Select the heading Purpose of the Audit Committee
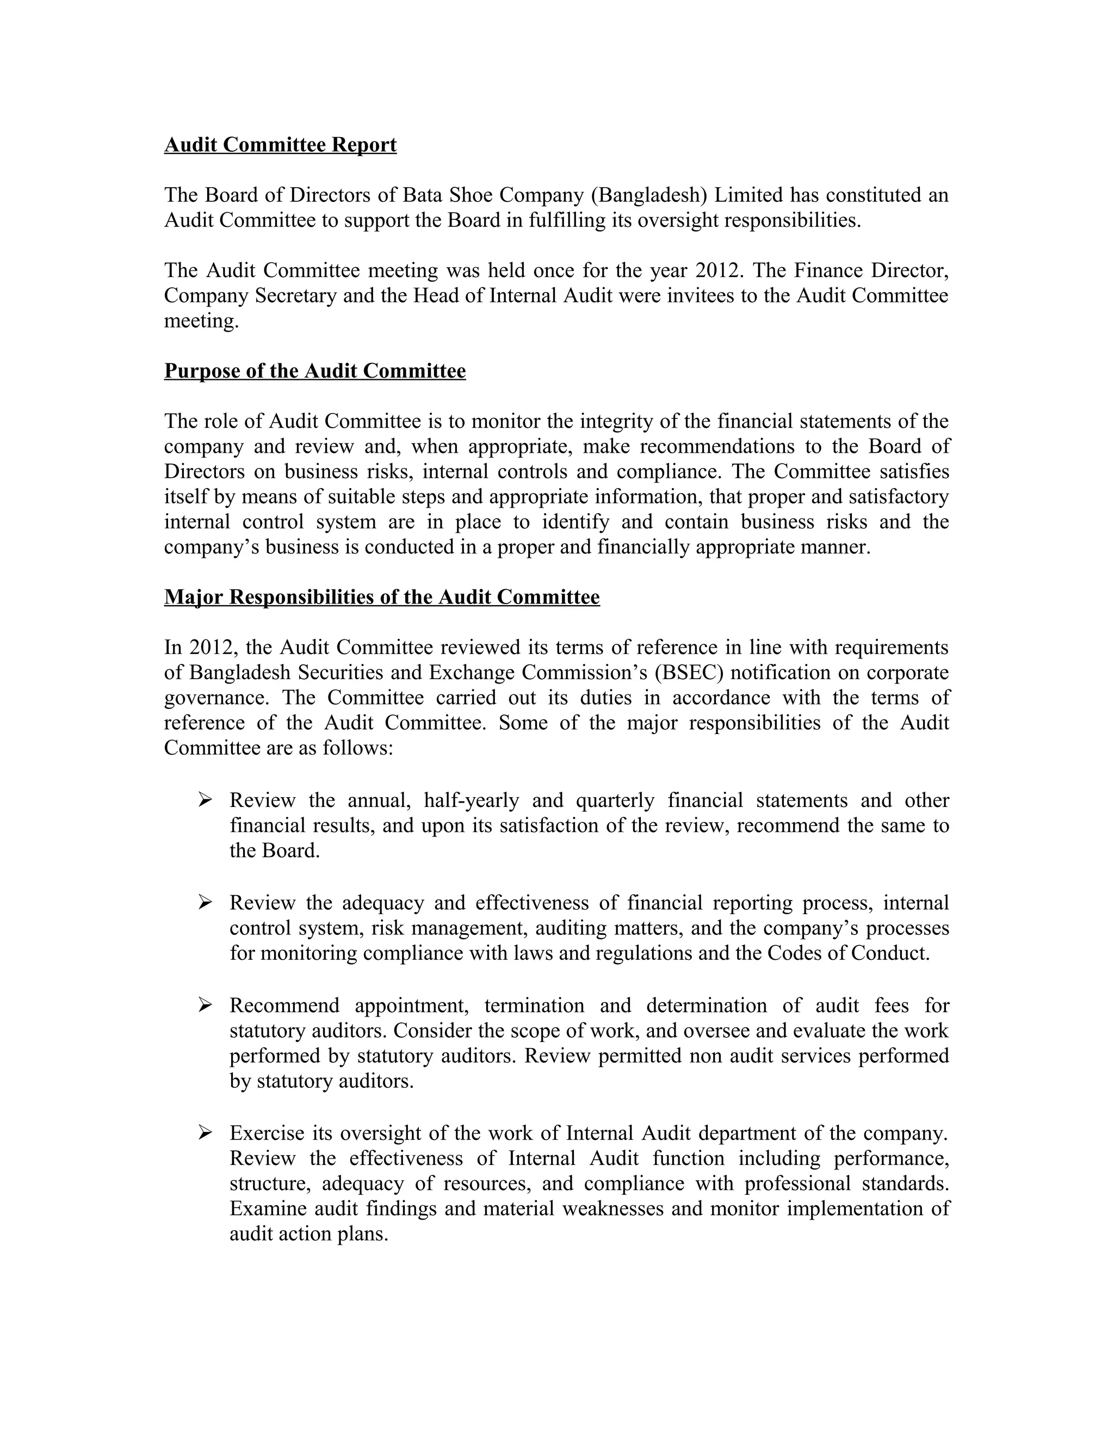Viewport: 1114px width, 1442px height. pyautogui.click(x=315, y=371)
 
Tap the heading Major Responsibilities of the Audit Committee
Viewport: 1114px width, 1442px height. pyautogui.click(x=381, y=597)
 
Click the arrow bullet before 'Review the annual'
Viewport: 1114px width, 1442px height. pyautogui.click(x=205, y=799)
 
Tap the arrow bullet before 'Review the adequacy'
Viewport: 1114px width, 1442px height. pyautogui.click(x=205, y=902)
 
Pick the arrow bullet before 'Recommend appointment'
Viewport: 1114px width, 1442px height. pyautogui.click(x=205, y=1005)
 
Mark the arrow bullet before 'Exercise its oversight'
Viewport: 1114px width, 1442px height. pyautogui.click(x=205, y=1133)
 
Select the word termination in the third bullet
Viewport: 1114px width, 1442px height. pyautogui.click(x=534, y=1006)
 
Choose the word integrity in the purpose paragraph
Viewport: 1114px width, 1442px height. pyautogui.click(x=621, y=421)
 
